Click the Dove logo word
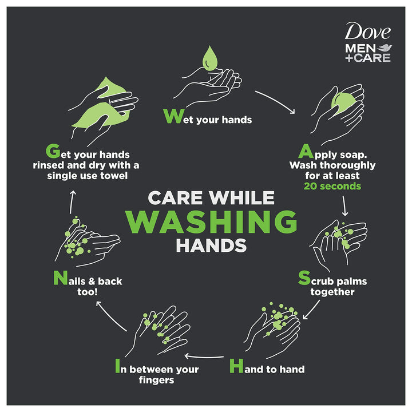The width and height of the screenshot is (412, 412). point(366,32)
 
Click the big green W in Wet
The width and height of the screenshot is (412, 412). point(172,116)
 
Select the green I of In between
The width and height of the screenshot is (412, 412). point(117,366)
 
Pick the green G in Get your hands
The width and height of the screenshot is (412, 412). point(53,152)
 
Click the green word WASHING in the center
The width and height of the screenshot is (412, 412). point(211,221)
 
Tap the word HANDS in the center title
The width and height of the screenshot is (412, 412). point(211,245)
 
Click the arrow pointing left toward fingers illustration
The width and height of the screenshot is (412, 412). point(208,355)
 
